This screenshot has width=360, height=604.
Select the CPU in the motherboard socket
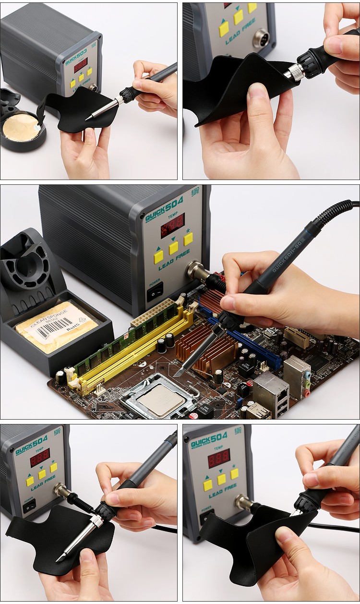(162, 399)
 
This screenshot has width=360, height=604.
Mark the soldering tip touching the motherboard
(178, 373)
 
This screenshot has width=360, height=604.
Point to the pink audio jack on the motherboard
(306, 393)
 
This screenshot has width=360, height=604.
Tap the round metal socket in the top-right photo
(261, 37)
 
